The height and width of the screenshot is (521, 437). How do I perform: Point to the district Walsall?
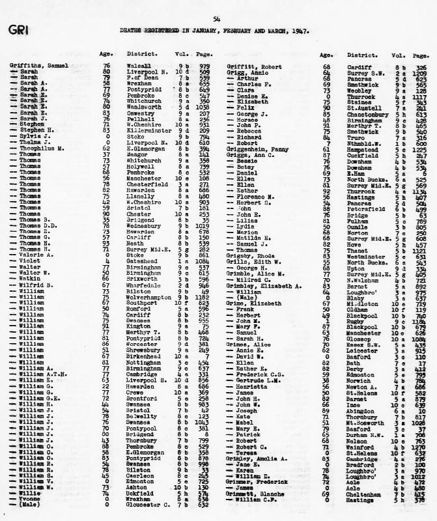140,66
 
